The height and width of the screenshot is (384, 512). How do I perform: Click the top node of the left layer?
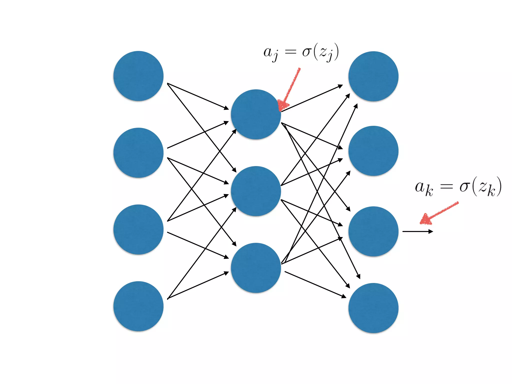138,76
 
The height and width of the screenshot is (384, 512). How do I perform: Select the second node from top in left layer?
138,153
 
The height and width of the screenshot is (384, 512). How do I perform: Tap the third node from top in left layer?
138,229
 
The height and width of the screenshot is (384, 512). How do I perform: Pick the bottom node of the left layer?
138,306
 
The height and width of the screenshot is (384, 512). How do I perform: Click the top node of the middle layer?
256,114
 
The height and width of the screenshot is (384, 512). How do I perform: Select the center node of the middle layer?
256,191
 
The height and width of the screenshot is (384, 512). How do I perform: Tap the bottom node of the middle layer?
256,268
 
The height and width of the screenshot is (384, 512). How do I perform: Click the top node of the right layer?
373,76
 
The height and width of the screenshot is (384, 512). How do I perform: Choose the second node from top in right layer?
373,151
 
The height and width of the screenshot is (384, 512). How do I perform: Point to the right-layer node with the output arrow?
373,231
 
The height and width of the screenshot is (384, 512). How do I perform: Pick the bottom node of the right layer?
373,308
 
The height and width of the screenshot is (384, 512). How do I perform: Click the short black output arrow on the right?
417,231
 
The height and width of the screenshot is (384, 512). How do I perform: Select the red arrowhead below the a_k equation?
425,219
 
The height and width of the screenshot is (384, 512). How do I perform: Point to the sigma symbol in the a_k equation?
464,186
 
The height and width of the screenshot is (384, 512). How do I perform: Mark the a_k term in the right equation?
424,188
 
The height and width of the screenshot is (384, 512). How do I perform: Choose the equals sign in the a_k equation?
446,186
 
